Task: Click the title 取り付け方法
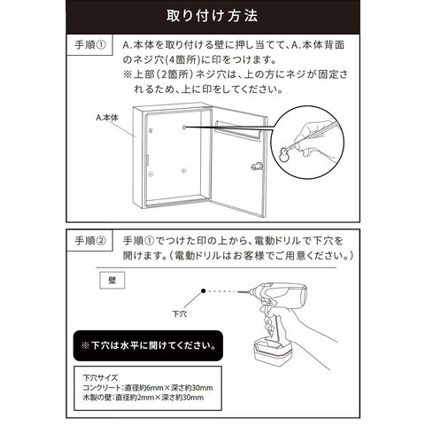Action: click(x=212, y=16)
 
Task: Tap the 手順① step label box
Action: click(x=89, y=45)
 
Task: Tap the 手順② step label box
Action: click(x=89, y=241)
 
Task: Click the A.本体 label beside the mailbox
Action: click(x=107, y=118)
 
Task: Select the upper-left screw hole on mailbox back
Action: click(x=151, y=130)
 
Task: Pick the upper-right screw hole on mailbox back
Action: click(x=184, y=127)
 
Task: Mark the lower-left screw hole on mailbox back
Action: click(x=151, y=174)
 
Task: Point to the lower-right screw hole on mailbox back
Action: click(x=184, y=171)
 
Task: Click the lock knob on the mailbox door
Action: click(x=255, y=166)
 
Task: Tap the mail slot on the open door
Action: click(x=238, y=131)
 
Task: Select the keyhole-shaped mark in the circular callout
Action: click(x=285, y=153)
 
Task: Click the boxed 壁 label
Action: click(x=112, y=280)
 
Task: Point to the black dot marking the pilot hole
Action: click(x=203, y=291)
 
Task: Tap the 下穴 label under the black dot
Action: click(x=180, y=313)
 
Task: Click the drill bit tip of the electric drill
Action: click(x=238, y=291)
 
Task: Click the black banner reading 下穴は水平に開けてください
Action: click(x=148, y=345)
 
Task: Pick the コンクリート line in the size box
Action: click(x=148, y=388)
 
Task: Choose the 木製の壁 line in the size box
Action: click(x=143, y=398)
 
